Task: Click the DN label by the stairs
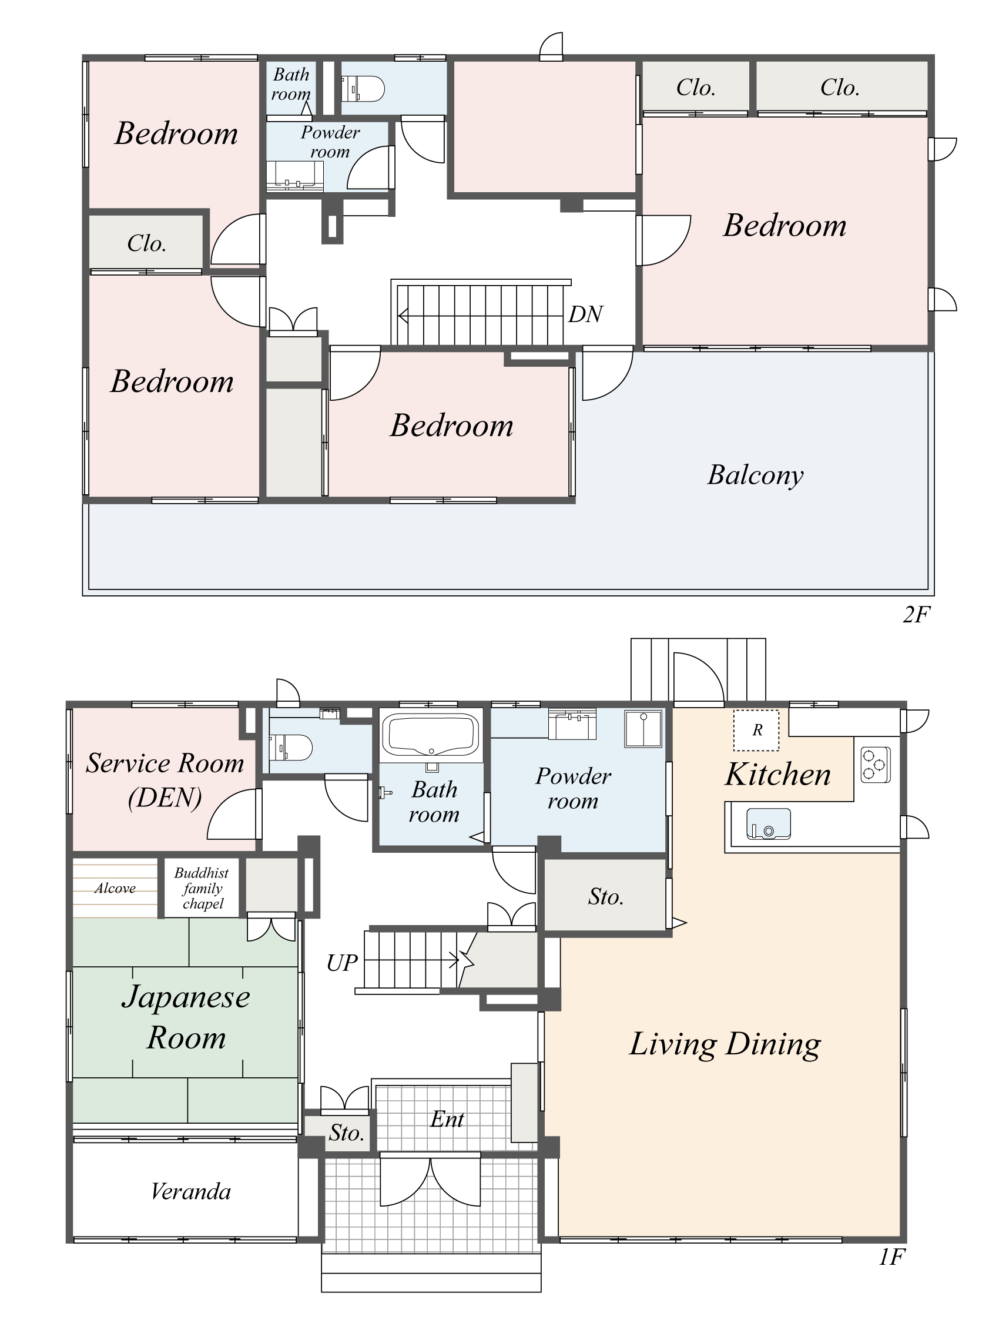tap(585, 314)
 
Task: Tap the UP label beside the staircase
tap(341, 963)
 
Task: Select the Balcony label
tap(755, 475)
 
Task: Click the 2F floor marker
tap(916, 615)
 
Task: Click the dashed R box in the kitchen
tap(756, 730)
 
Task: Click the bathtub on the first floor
tap(430, 734)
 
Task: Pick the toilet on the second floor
tap(363, 89)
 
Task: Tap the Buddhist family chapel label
tap(202, 888)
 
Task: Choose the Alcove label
tap(115, 888)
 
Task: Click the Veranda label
tap(190, 1192)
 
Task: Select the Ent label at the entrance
tap(447, 1119)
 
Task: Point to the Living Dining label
tap(725, 1044)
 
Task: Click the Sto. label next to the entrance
tap(346, 1133)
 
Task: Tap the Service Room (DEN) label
tap(165, 780)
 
